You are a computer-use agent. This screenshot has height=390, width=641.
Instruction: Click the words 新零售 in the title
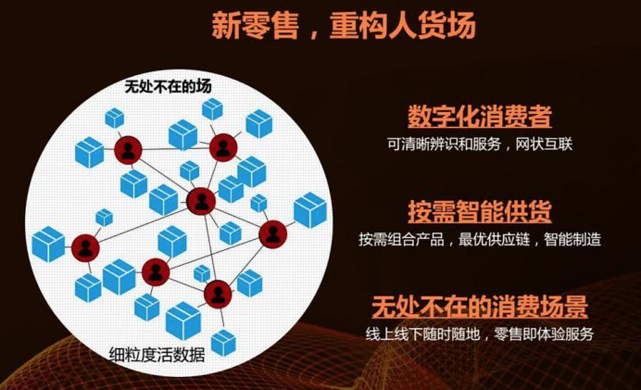[253, 28]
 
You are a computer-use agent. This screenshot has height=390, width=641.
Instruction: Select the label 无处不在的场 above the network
[168, 86]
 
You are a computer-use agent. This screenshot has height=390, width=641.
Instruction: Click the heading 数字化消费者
[479, 118]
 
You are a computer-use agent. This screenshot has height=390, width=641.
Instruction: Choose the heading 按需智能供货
[479, 212]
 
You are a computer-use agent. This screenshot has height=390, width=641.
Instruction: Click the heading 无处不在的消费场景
[479, 307]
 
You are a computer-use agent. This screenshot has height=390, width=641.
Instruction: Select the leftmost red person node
[85, 248]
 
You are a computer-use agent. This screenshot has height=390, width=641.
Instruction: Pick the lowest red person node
[218, 294]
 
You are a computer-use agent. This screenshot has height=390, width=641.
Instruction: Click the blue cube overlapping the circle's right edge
[310, 210]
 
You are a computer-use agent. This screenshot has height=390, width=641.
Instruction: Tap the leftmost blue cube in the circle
[48, 244]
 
